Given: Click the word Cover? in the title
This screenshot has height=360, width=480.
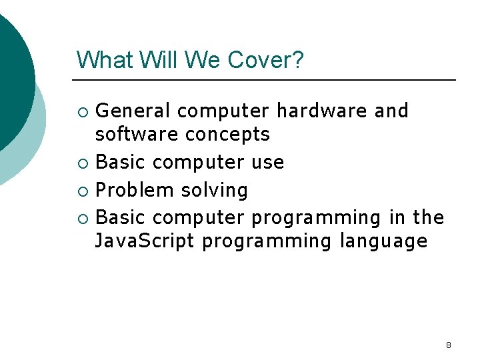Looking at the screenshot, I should pyautogui.click(x=265, y=60).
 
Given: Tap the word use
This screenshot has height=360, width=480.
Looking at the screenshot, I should pyautogui.click(x=268, y=163).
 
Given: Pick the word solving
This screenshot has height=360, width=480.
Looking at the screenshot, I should pyautogui.click(x=214, y=191).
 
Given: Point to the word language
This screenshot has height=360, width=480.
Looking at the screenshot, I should pyautogui.click(x=383, y=241).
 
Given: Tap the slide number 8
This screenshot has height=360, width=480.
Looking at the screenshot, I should pyautogui.click(x=448, y=345).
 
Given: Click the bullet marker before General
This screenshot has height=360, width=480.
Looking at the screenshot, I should pyautogui.click(x=83, y=111).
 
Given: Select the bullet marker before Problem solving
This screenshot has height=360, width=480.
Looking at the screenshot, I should pyautogui.click(x=83, y=191).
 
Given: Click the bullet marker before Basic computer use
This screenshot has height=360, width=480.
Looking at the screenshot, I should pyautogui.click(x=83, y=163).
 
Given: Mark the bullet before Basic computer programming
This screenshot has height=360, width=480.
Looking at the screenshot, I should pyautogui.click(x=83, y=219).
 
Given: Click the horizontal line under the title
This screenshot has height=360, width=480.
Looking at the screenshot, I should pyautogui.click(x=267, y=80).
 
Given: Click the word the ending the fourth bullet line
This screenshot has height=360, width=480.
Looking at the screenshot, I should pyautogui.click(x=429, y=217).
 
